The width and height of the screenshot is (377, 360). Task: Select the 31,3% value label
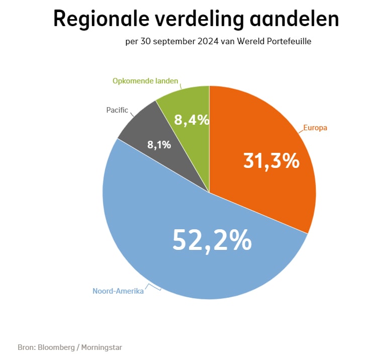[x=271, y=161]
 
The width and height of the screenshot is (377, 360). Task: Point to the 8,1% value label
[x=159, y=145]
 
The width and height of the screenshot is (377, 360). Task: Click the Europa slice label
[x=315, y=128]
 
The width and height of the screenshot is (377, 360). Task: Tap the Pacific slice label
[x=117, y=109]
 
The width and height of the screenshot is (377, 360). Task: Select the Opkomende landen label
[x=146, y=80]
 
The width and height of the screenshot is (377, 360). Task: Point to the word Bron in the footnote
[x=26, y=347]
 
